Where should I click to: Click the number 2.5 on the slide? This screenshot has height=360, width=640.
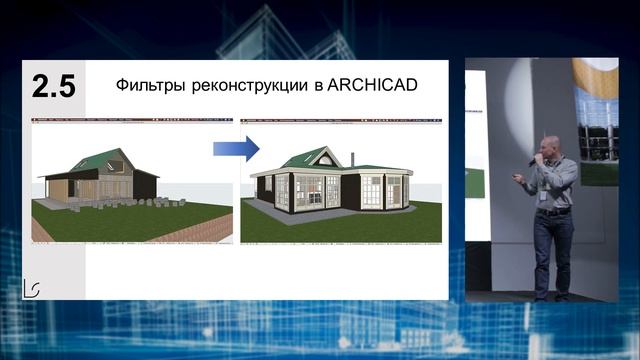click(x=53, y=85)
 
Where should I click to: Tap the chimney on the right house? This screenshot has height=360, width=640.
click(x=352, y=159)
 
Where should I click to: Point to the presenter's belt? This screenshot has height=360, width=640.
click(x=553, y=211)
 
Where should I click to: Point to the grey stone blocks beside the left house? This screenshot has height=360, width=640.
click(x=110, y=205)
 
